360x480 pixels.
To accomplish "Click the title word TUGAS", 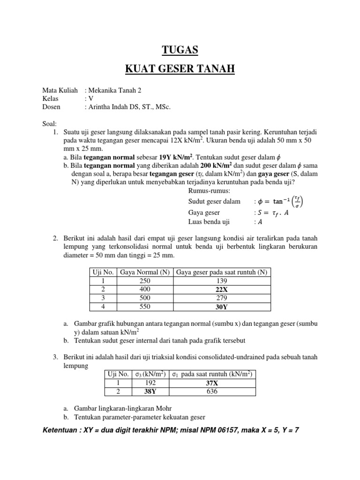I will (180, 50).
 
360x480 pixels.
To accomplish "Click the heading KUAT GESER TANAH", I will (180, 70).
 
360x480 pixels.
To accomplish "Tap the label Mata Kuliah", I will (60, 90).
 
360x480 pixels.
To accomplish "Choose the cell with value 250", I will (145, 280).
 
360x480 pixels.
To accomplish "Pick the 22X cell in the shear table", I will (223, 289).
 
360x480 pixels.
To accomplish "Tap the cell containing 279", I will (223, 298).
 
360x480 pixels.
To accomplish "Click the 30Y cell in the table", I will (223, 307).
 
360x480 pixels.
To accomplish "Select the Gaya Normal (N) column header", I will (145, 272).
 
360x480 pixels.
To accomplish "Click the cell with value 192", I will (148, 382).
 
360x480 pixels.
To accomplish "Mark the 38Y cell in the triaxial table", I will (148, 391).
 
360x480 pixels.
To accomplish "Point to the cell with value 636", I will (212, 391).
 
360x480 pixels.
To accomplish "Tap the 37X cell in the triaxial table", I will (212, 382).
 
